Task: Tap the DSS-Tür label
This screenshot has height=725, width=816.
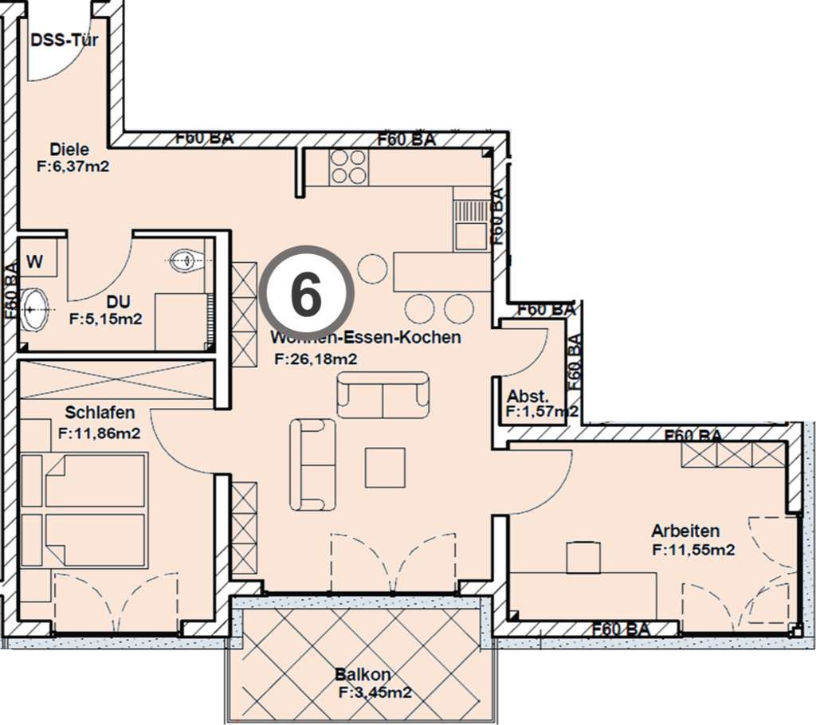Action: pyautogui.click(x=64, y=40)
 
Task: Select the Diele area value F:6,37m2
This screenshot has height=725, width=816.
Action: pyautogui.click(x=73, y=167)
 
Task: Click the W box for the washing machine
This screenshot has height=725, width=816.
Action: pyautogui.click(x=35, y=261)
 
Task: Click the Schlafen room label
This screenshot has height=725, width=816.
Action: pyautogui.click(x=100, y=413)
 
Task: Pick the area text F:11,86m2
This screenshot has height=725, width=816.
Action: pyautogui.click(x=100, y=433)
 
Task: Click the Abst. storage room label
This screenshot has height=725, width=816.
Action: pyautogui.click(x=527, y=396)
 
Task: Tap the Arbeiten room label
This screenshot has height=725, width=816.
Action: pyautogui.click(x=685, y=531)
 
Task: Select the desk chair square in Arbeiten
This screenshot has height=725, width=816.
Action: pyautogui.click(x=586, y=557)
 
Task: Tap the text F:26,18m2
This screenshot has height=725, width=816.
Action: pyautogui.click(x=316, y=359)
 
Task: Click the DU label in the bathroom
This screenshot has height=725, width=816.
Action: pyautogui.click(x=120, y=302)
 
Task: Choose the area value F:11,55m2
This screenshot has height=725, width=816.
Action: pyautogui.click(x=692, y=549)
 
